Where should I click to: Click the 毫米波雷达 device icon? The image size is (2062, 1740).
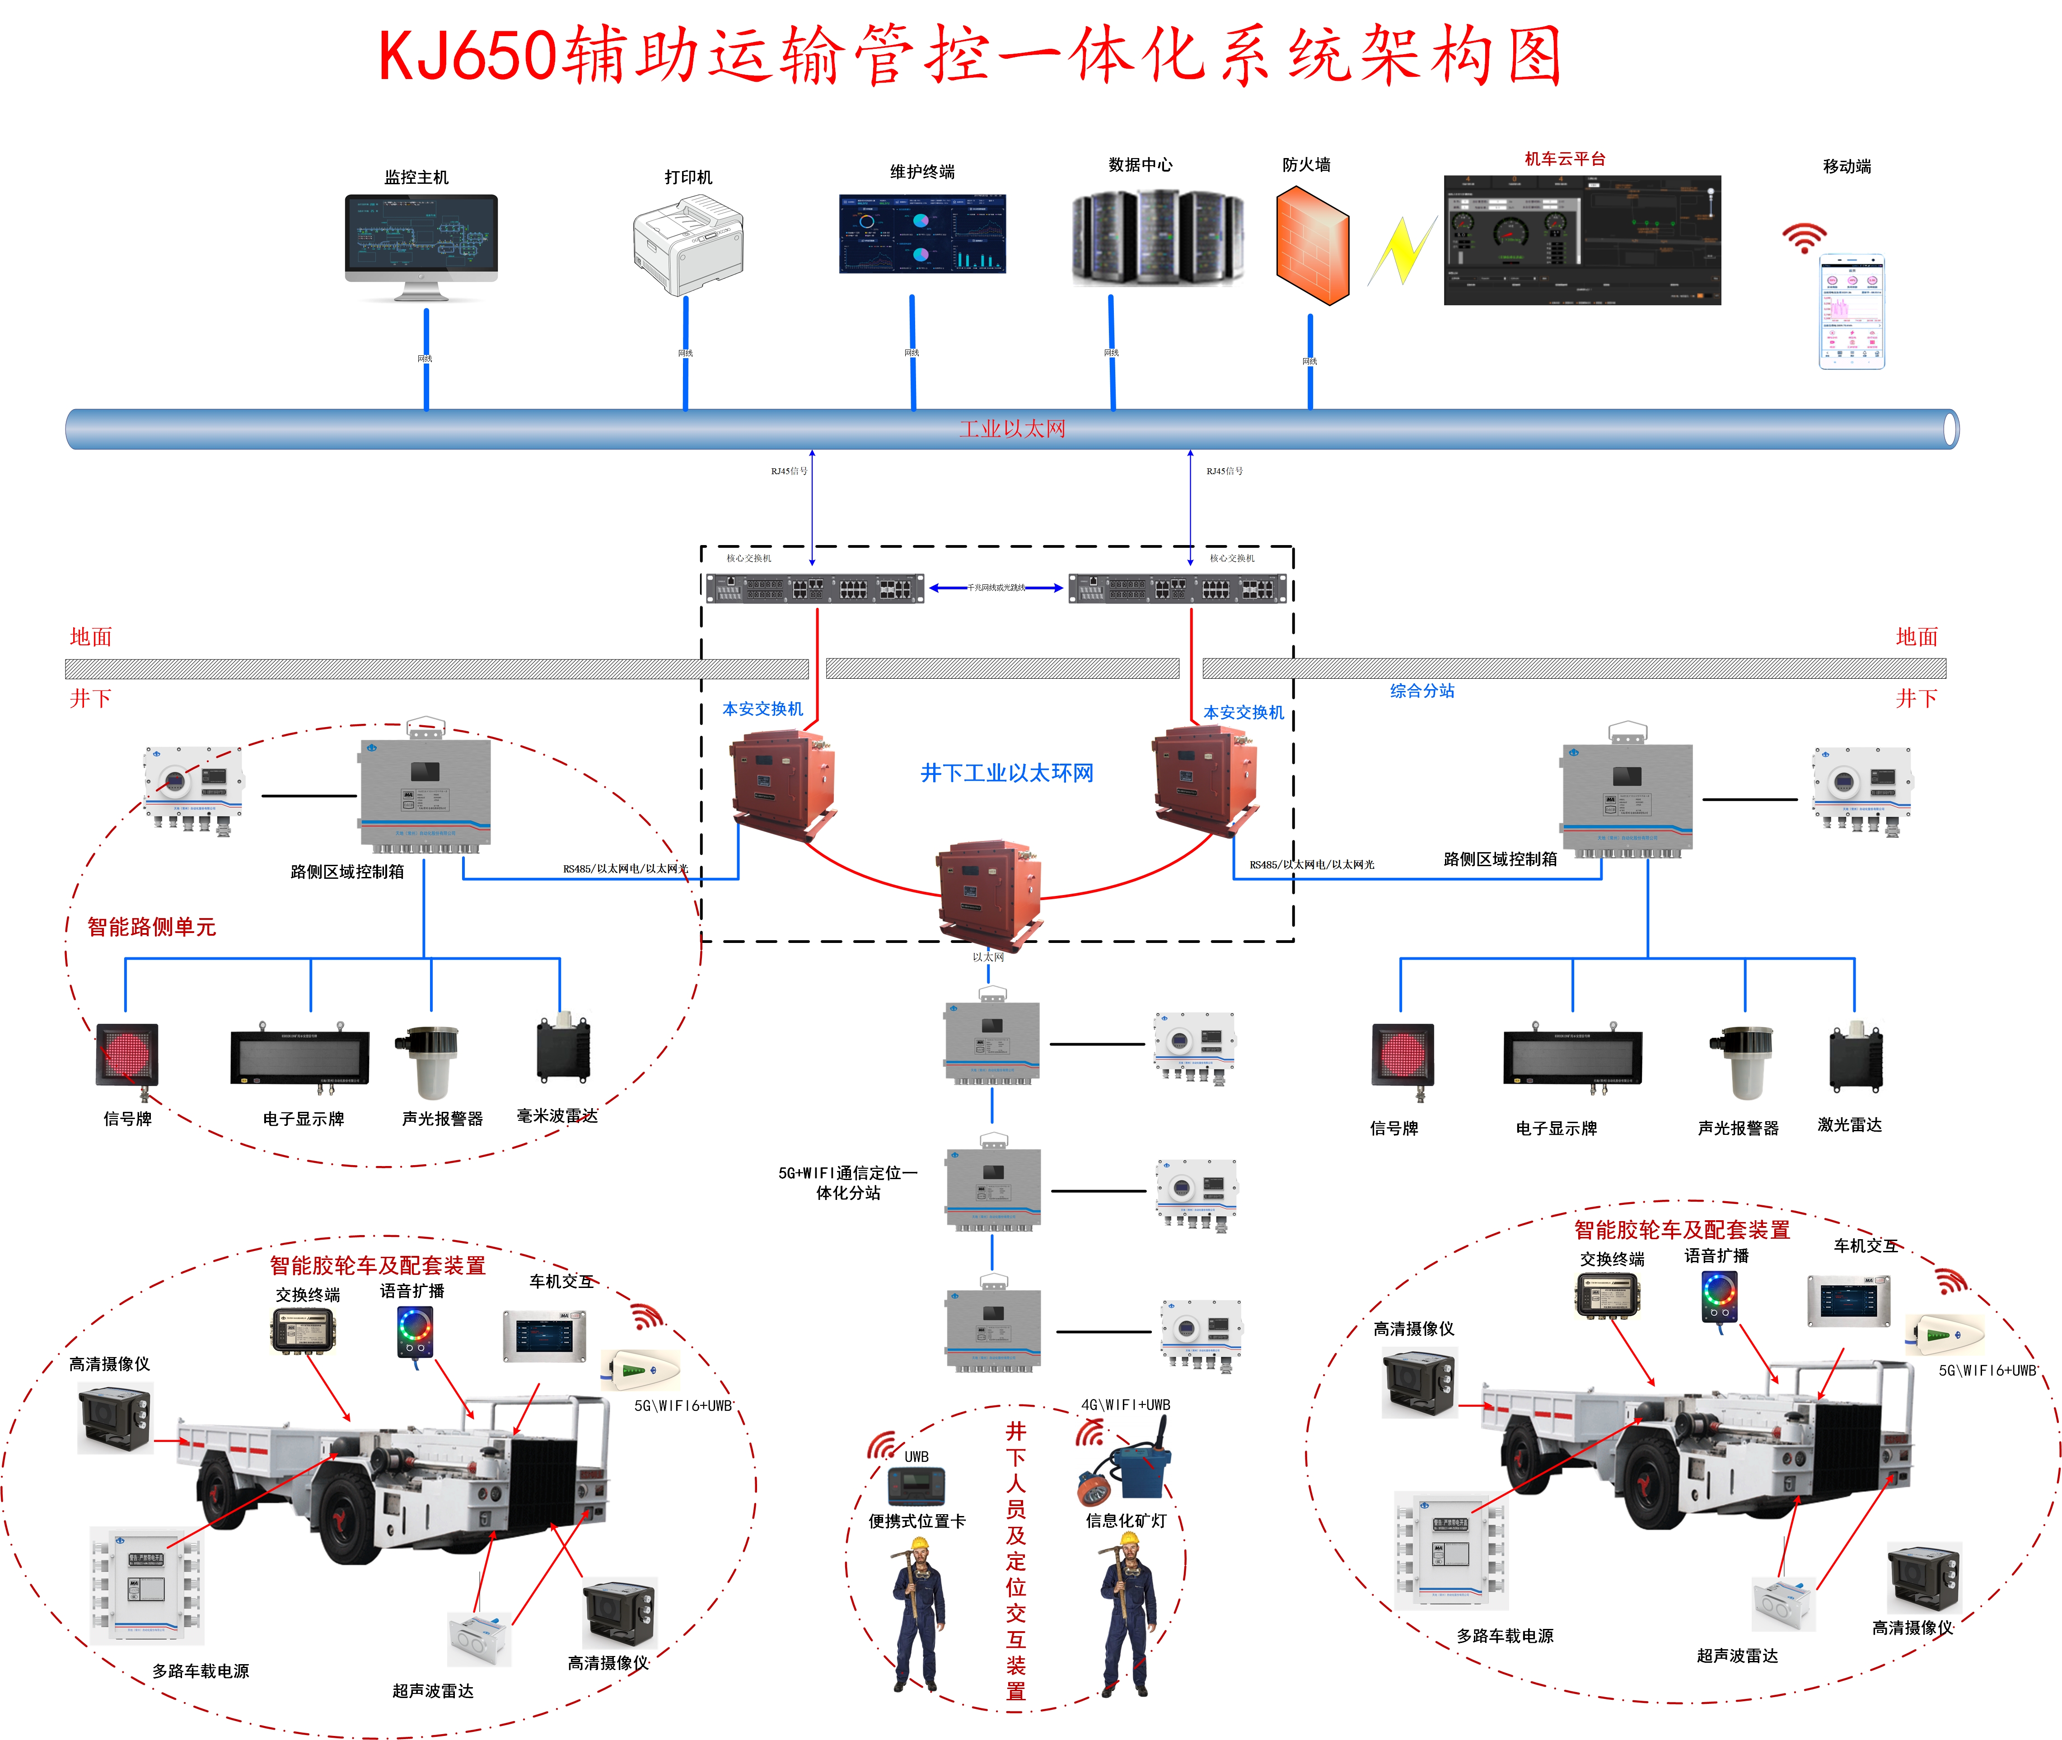click(563, 1051)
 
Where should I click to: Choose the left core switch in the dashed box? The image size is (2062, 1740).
click(815, 589)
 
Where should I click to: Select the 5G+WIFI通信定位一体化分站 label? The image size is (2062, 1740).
click(847, 1183)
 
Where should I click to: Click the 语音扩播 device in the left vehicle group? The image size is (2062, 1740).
click(414, 1332)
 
